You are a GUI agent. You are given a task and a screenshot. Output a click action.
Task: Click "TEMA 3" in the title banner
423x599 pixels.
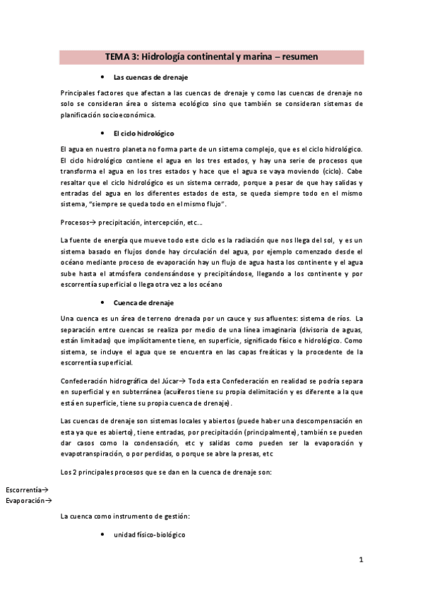[121, 56]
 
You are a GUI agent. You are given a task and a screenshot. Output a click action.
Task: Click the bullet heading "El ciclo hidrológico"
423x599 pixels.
[143, 134]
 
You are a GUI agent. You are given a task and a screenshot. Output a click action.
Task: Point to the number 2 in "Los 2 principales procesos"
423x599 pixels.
[76, 470]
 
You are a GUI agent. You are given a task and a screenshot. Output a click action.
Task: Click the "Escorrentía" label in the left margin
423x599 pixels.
[24, 490]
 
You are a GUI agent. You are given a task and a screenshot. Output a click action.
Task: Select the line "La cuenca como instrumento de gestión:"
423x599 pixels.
[125, 517]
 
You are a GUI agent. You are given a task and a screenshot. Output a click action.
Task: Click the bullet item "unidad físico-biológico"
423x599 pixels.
[149, 535]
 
